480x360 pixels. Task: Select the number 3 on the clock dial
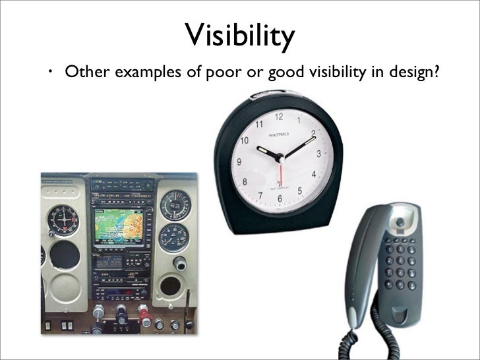(318, 154)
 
